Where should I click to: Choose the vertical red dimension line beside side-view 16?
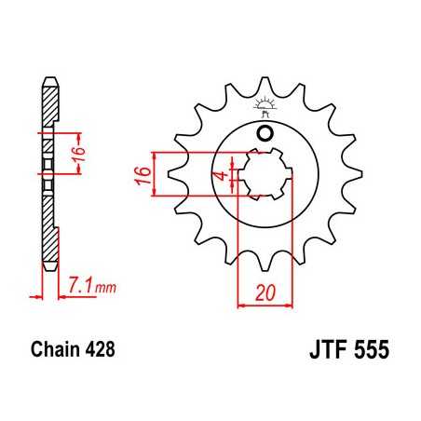tap(67, 149)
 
